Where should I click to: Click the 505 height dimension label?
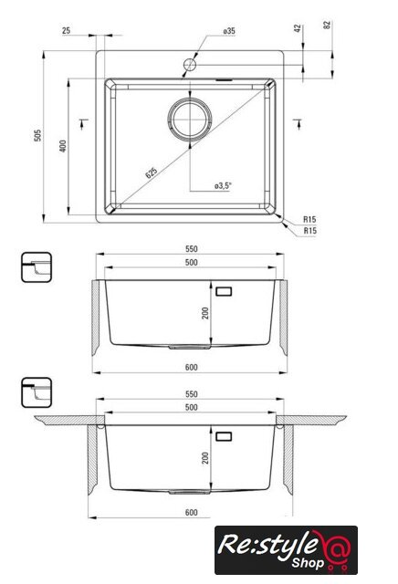(37, 135)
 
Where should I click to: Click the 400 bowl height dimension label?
(63, 146)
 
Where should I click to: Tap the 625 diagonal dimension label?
(152, 172)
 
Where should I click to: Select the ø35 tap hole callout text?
(229, 31)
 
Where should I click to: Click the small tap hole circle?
(190, 65)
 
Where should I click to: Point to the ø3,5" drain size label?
(224, 185)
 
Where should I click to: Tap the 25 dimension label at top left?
(66, 30)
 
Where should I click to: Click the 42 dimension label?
(298, 28)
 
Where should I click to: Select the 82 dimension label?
(327, 26)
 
